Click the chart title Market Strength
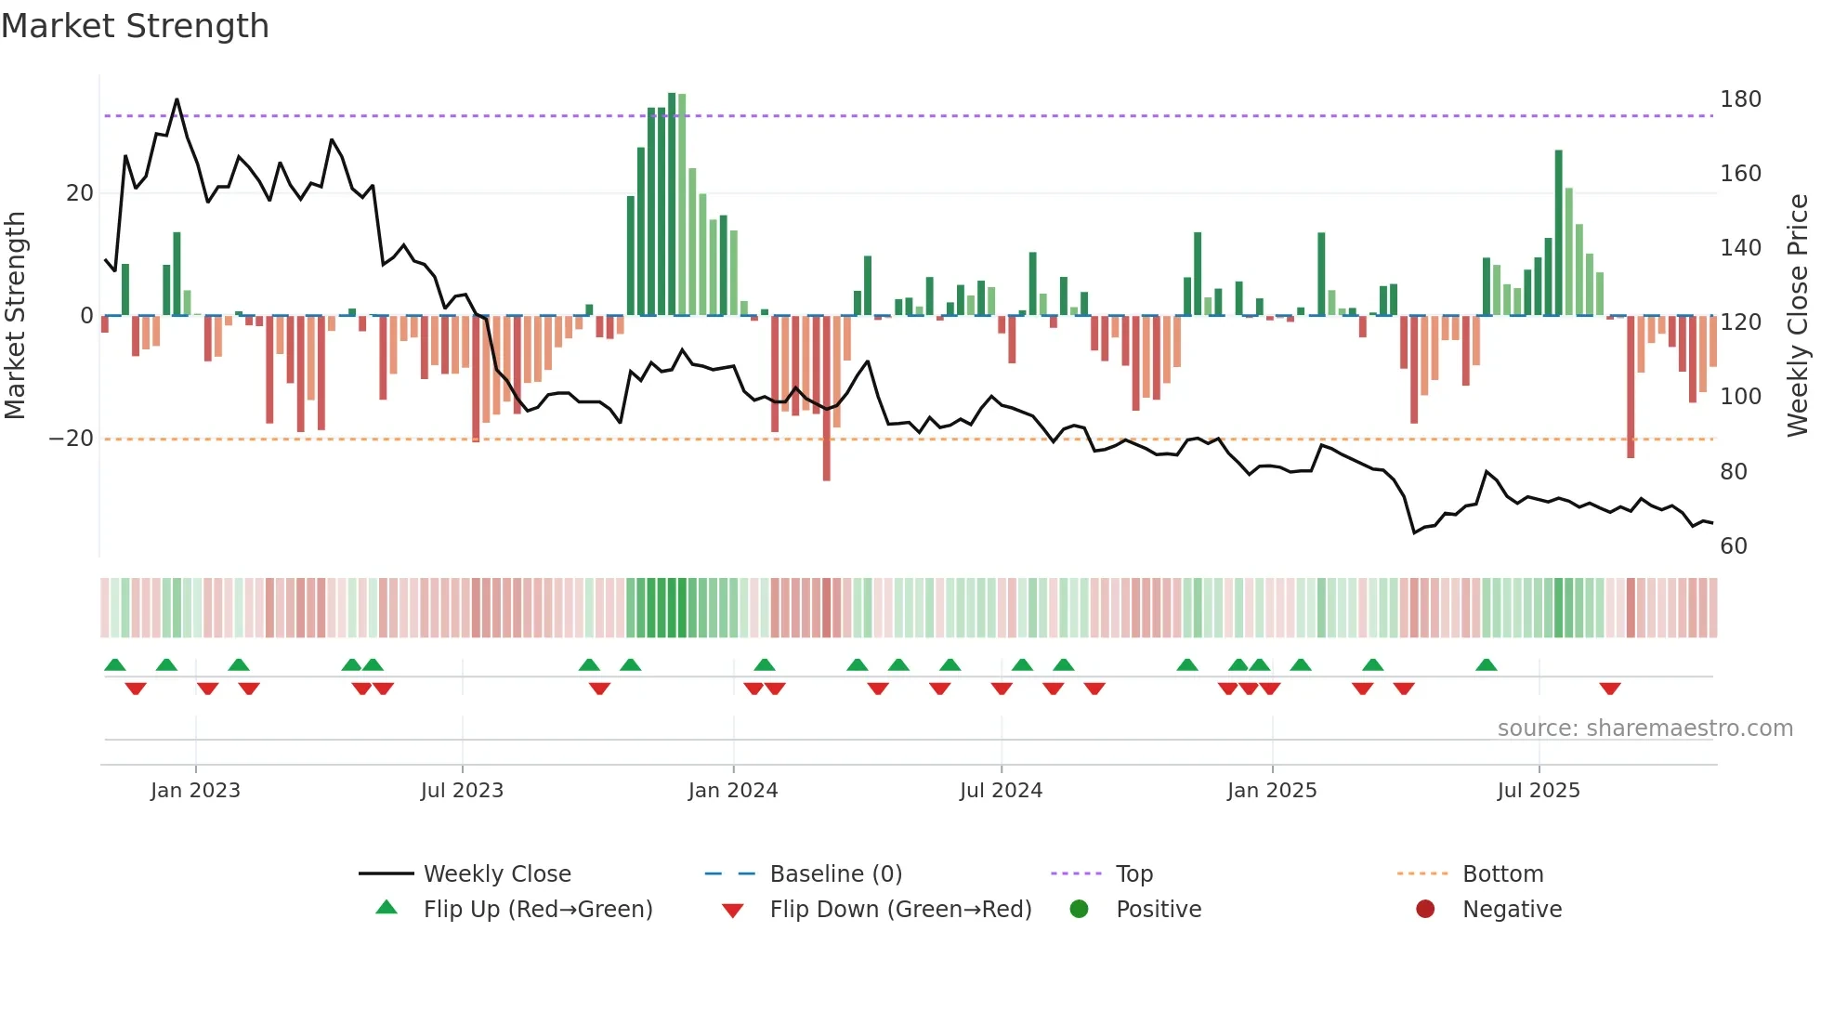click(135, 26)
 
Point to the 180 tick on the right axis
click(1739, 99)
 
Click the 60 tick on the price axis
click(1734, 546)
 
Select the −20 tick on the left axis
click(72, 439)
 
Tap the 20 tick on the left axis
click(80, 193)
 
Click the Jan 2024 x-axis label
click(733, 791)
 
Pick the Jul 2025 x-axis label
click(1539, 791)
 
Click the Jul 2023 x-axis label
click(462, 791)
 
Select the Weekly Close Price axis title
click(1799, 316)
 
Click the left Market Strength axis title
click(16, 316)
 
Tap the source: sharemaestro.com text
click(1644, 729)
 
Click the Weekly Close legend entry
click(497, 874)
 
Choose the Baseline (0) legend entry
click(835, 874)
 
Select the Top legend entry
click(1133, 874)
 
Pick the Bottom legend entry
click(1502, 874)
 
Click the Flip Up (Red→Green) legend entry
click(538, 910)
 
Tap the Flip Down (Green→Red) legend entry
click(900, 910)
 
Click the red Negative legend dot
click(1425, 910)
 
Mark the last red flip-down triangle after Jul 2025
click(1610, 689)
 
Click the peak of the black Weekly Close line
click(177, 99)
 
